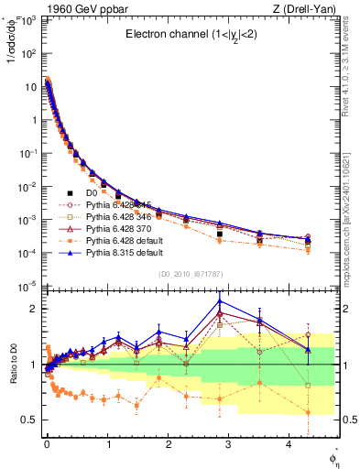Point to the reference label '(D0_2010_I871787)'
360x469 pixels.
click(191, 273)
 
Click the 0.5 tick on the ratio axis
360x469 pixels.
click(30, 420)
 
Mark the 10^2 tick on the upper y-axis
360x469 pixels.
click(29, 53)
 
